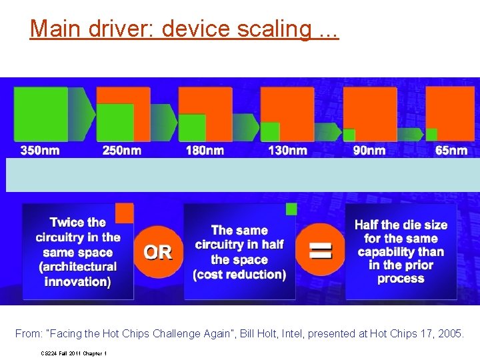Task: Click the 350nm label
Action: pos(40,151)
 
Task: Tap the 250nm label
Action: pos(122,151)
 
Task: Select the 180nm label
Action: pos(205,151)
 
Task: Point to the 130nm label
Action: pos(287,151)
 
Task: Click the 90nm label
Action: pos(369,151)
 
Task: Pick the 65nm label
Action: pos(451,151)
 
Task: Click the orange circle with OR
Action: pos(158,252)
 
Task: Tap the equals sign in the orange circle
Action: pos(321,251)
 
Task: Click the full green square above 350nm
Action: pos(41,114)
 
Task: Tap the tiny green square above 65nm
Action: pos(431,134)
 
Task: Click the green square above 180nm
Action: pos(193,127)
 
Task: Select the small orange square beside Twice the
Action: pos(125,213)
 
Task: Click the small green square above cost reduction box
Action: pos(291,209)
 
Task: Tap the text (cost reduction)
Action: pos(239,275)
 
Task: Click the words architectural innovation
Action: pos(78,274)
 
